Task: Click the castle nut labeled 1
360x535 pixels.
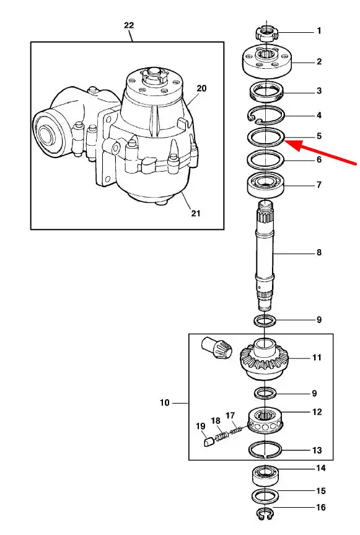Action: [266, 33]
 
